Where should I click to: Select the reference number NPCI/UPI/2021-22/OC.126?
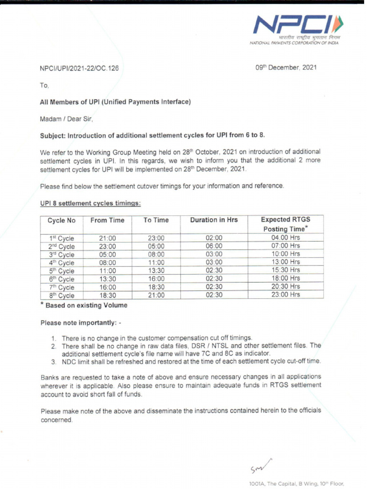79,68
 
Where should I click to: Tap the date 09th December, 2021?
286,67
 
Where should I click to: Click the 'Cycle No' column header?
62,221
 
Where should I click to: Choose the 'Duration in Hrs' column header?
214,220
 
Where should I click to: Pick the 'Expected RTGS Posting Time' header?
285,224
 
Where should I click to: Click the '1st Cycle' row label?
62,238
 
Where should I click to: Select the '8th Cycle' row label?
62,296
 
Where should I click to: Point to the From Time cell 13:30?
107,279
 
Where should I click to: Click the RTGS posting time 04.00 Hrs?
285,238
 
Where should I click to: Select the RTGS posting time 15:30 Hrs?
285,270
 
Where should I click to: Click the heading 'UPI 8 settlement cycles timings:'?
90,203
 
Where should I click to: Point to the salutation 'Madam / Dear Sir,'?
66,119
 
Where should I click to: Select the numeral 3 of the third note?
54,361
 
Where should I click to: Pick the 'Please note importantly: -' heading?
81,323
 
